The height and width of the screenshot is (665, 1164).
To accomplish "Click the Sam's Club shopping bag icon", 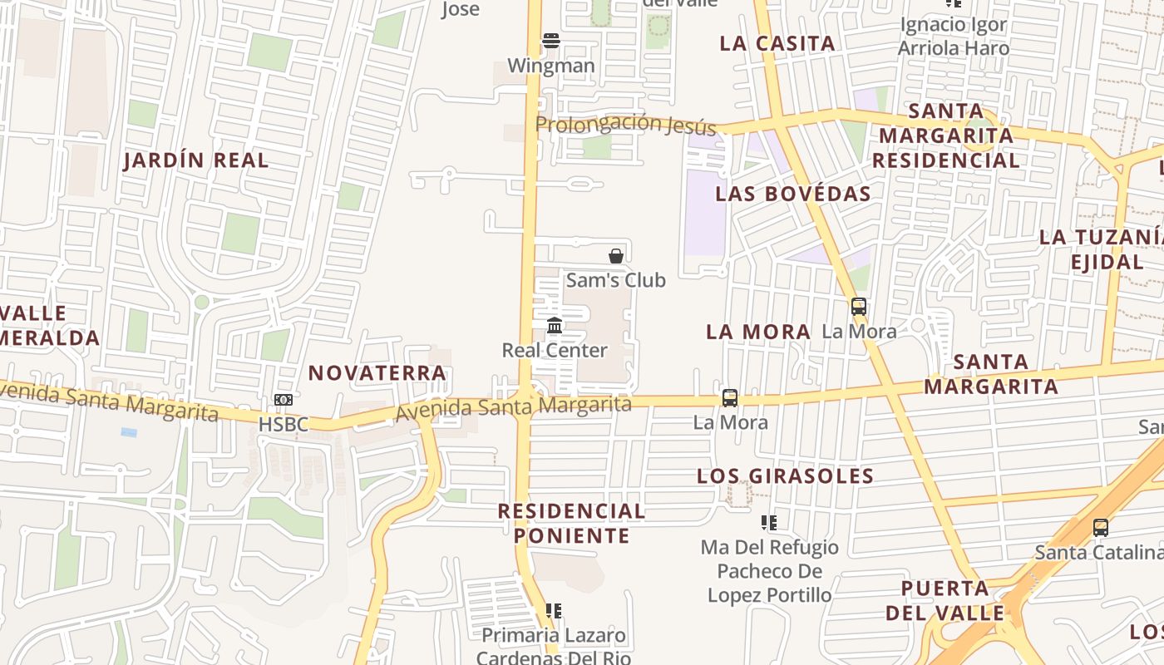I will (x=616, y=255).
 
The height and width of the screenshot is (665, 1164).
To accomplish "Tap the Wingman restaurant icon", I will (x=550, y=40).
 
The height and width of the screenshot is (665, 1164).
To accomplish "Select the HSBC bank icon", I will (x=284, y=400).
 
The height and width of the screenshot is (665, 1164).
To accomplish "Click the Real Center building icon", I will (x=555, y=325).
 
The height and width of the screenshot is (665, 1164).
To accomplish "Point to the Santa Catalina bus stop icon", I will (x=1100, y=527).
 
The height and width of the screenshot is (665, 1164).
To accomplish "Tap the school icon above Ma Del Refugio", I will (x=769, y=523).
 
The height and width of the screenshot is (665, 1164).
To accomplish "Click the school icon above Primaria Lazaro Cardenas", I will (x=554, y=611).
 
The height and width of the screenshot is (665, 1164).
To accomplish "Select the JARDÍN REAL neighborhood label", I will (x=196, y=160).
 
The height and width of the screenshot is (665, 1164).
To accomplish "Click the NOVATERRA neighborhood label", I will (x=377, y=373).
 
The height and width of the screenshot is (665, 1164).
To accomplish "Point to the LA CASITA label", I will (x=777, y=44).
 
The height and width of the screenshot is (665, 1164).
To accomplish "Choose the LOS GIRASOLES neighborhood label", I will (x=785, y=476).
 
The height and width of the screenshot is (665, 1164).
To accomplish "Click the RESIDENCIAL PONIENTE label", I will (x=571, y=523).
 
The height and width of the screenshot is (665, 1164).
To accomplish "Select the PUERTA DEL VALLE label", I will (x=945, y=601).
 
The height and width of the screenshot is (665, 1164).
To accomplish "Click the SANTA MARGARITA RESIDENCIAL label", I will (x=946, y=135).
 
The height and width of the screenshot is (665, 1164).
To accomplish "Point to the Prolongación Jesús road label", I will (x=625, y=124).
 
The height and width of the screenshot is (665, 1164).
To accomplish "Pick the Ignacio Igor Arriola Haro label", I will (x=954, y=37).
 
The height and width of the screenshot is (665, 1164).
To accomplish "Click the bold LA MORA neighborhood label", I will (x=758, y=332).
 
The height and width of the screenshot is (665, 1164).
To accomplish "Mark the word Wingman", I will (x=550, y=66).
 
